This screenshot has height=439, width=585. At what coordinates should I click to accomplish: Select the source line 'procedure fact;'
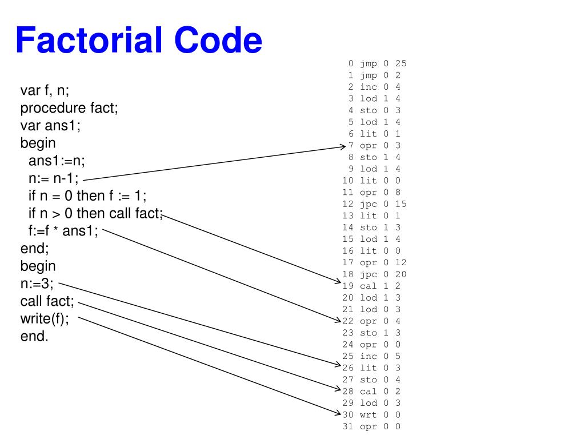click(69, 108)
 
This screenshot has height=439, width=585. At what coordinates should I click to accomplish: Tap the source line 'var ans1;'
click(50, 126)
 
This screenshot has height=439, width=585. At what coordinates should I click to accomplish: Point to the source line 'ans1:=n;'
click(57, 161)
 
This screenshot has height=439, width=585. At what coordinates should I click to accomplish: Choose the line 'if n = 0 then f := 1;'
click(87, 196)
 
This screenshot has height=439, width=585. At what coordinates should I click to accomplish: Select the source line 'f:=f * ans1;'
click(63, 231)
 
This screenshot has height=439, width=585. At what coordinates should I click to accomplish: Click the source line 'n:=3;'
click(37, 284)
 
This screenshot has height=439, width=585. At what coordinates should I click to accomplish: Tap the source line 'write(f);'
click(45, 318)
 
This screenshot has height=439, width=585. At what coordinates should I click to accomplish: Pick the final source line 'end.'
click(35, 336)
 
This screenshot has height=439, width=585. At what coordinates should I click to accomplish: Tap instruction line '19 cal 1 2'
click(371, 285)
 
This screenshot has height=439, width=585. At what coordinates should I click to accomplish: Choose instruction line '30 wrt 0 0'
click(371, 414)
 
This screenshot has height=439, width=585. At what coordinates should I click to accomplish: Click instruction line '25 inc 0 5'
click(371, 356)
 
